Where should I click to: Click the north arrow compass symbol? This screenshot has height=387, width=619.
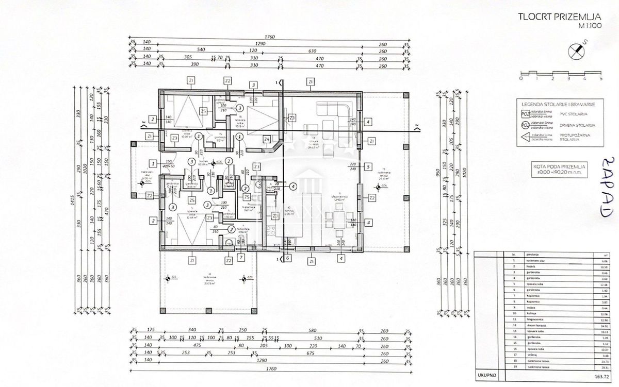coord(577,51)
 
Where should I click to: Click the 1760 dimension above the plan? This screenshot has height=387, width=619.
coord(268,37)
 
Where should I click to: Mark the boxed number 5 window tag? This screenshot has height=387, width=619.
coord(368,166)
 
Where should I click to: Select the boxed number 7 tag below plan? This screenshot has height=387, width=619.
coord(240,257)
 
